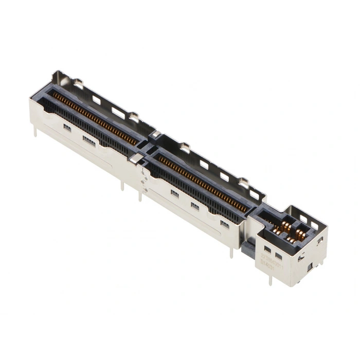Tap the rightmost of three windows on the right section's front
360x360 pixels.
(224, 223)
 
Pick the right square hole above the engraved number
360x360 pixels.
(278, 256)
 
